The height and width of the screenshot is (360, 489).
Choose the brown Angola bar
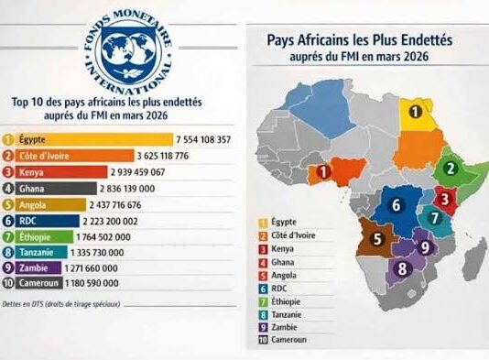(55, 203)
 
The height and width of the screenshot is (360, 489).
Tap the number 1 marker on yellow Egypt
(416, 113)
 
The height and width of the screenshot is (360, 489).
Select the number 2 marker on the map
(450, 169)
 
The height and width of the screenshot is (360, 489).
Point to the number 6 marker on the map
(396, 205)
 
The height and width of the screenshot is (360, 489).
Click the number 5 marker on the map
(375, 241)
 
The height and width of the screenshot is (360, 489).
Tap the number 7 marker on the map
(434, 219)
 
